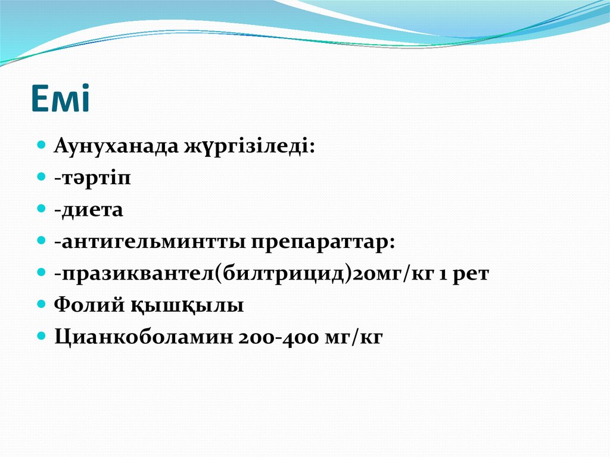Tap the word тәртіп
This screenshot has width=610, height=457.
tap(96, 179)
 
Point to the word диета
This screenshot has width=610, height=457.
tap(92, 210)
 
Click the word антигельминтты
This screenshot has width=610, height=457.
tap(149, 242)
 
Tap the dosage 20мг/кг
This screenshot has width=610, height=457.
tap(381, 274)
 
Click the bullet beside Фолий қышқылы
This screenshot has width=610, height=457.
tap(42, 304)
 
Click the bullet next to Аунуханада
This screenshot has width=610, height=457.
tap(42, 146)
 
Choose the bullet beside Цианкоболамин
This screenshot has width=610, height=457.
tap(42, 336)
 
